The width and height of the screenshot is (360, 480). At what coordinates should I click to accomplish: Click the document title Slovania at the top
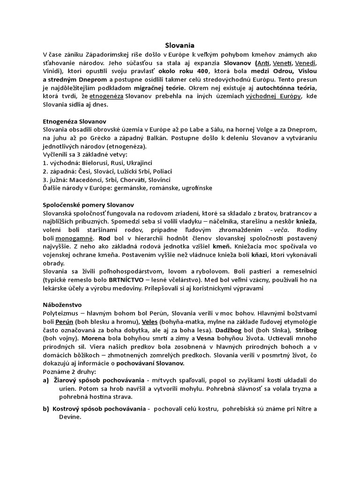pos(180,46)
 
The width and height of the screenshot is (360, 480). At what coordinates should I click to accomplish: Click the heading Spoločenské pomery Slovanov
pos(88,205)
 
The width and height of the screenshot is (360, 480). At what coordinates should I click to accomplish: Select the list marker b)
pos(46,408)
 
